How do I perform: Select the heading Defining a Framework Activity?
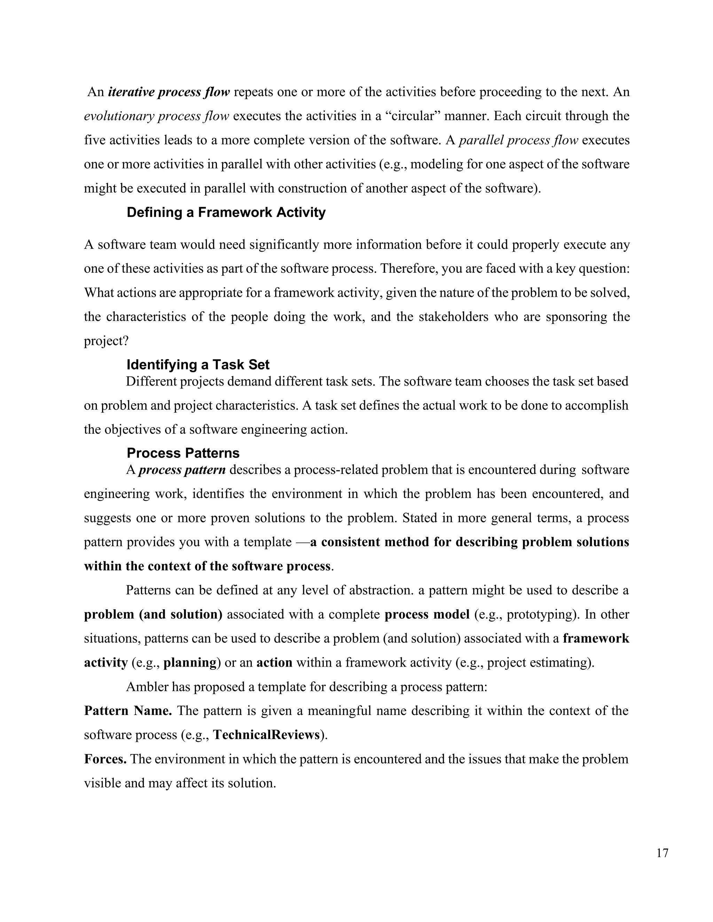pos(226,212)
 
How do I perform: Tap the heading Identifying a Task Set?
pos(198,364)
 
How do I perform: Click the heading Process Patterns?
pos(183,453)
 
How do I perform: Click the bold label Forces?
pos(105,759)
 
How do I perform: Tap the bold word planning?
pos(190,662)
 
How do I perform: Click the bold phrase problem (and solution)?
pos(153,614)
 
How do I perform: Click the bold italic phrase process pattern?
pos(182,470)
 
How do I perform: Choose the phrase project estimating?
pos(538,662)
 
